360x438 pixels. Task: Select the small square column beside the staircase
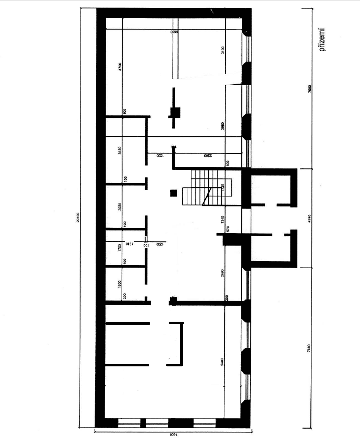pos(173,192)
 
